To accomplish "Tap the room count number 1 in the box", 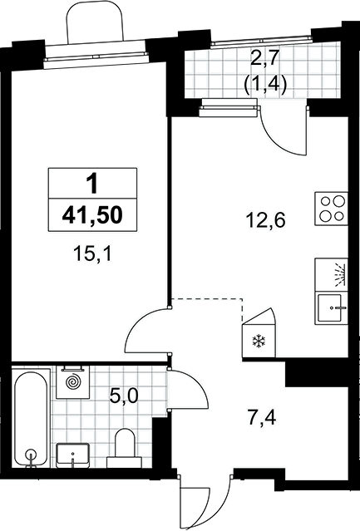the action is pyautogui.click(x=91, y=184).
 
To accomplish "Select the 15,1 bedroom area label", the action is pyautogui.click(x=93, y=254).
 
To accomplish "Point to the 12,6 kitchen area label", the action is pyautogui.click(x=266, y=220).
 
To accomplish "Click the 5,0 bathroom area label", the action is pyautogui.click(x=124, y=396).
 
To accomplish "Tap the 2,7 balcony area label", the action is pyautogui.click(x=265, y=61).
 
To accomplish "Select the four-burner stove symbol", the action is pyautogui.click(x=332, y=209).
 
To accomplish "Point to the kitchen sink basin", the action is pyautogui.click(x=329, y=307).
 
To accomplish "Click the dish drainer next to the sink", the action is pyautogui.click(x=332, y=275).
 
